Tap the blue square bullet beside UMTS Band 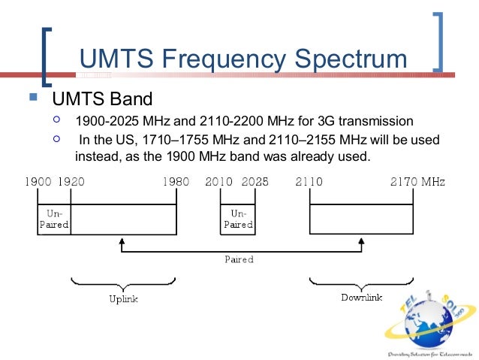point(32,97)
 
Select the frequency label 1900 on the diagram point(38,182)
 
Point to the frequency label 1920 point(71,182)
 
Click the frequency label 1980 point(176,182)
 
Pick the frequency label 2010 point(219,182)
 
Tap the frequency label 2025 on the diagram point(255,182)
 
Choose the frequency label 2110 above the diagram point(309,182)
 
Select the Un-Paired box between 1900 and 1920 point(54,219)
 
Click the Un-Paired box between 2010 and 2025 point(237,219)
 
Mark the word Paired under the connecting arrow point(239,259)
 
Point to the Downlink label point(361,298)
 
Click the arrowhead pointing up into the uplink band point(122,243)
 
